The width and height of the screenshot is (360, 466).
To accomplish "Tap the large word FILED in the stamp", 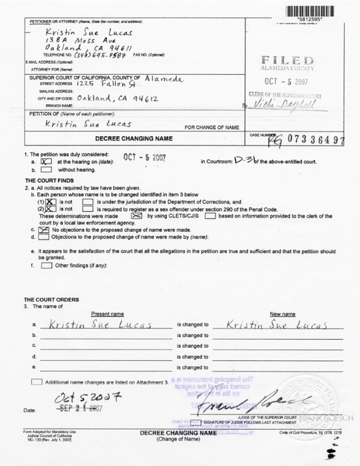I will (288, 61).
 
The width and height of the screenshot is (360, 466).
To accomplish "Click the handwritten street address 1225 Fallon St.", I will (103, 84).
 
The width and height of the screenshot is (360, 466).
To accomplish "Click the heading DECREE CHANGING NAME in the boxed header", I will (134, 139).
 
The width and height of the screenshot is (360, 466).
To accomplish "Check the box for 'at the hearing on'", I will (46, 161).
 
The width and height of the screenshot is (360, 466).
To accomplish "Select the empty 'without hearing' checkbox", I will (46, 170).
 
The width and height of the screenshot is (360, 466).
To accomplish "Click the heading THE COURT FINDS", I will (45, 180).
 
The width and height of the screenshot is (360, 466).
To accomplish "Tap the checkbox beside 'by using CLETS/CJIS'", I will (137, 215).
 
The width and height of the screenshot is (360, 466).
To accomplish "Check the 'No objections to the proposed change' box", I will (44, 229).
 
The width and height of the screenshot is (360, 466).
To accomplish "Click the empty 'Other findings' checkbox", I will (46, 266).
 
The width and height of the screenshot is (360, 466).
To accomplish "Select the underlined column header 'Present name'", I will (107, 314).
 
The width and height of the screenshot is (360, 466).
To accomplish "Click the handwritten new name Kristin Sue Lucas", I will (277, 325).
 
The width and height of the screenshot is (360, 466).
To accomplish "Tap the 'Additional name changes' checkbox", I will (37, 381).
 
